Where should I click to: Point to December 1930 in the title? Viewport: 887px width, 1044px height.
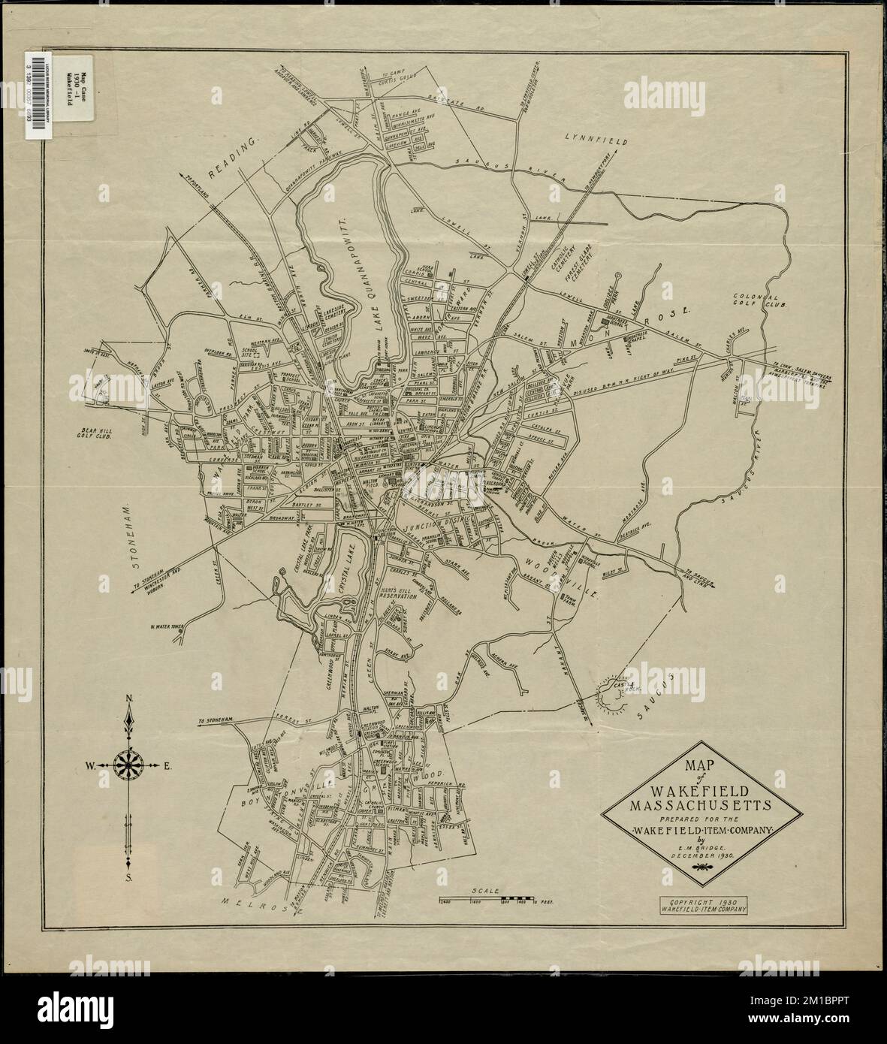[692, 855]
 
